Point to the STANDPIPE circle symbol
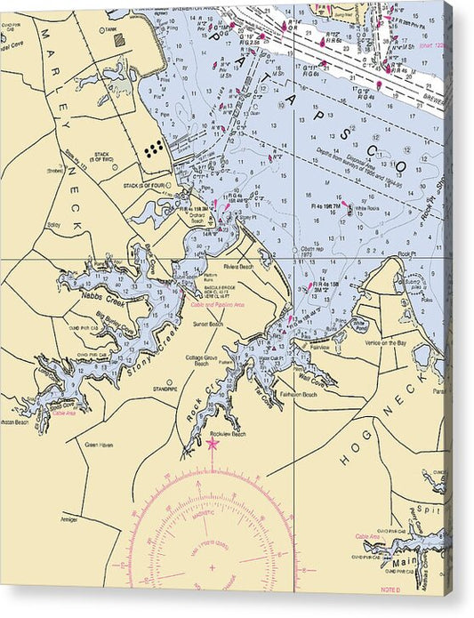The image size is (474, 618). point(168,382)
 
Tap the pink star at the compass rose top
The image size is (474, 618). point(213,443)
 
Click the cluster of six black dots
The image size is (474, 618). point(153,148)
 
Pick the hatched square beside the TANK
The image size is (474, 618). point(118,40)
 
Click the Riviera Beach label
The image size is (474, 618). point(238,266)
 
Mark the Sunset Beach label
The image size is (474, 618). point(208,325)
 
